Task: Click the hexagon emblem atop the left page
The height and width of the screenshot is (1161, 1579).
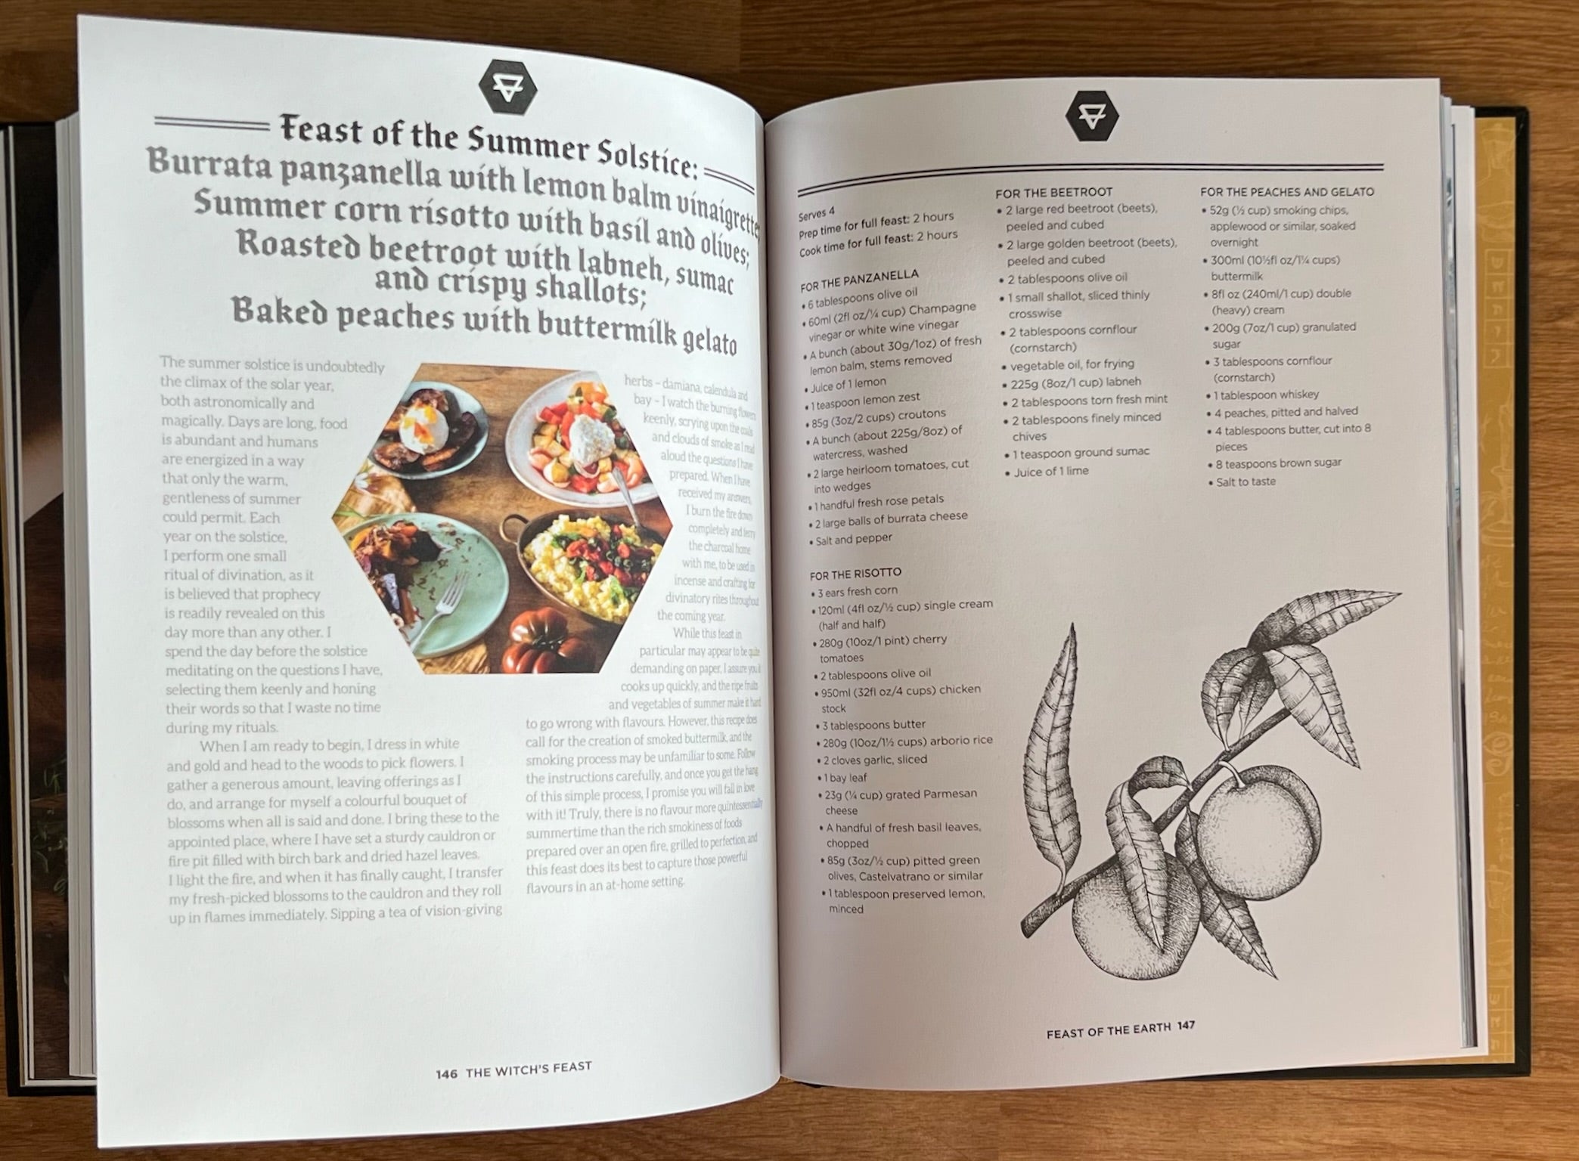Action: [x=503, y=85]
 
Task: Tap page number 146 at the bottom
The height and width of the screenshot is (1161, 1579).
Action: [x=447, y=1073]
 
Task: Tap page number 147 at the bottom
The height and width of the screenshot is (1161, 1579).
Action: [x=1186, y=1026]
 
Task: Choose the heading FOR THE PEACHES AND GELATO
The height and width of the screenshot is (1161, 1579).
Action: [x=1286, y=192]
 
